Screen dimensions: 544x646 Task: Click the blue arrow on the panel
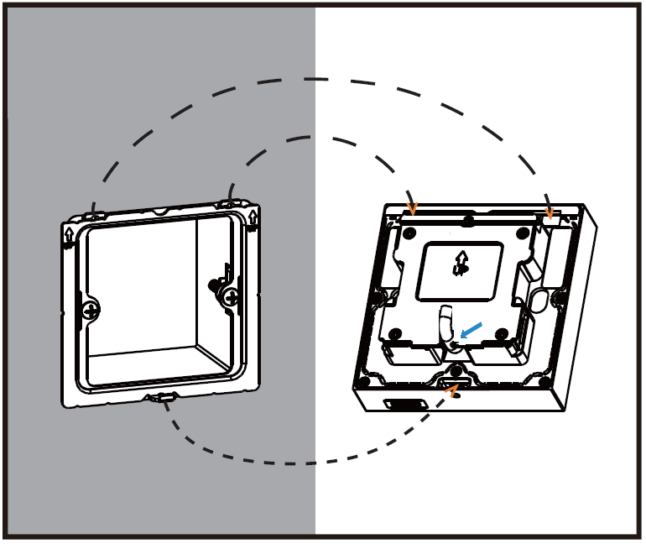(473, 332)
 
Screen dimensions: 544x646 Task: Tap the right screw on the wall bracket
(229, 295)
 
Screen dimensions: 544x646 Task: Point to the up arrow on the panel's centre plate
(461, 264)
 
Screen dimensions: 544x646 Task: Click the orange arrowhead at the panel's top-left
(411, 207)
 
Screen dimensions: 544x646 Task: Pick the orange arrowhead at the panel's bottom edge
(453, 389)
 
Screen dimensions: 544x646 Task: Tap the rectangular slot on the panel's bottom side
(403, 405)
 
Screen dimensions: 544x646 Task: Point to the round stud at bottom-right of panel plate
(502, 335)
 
